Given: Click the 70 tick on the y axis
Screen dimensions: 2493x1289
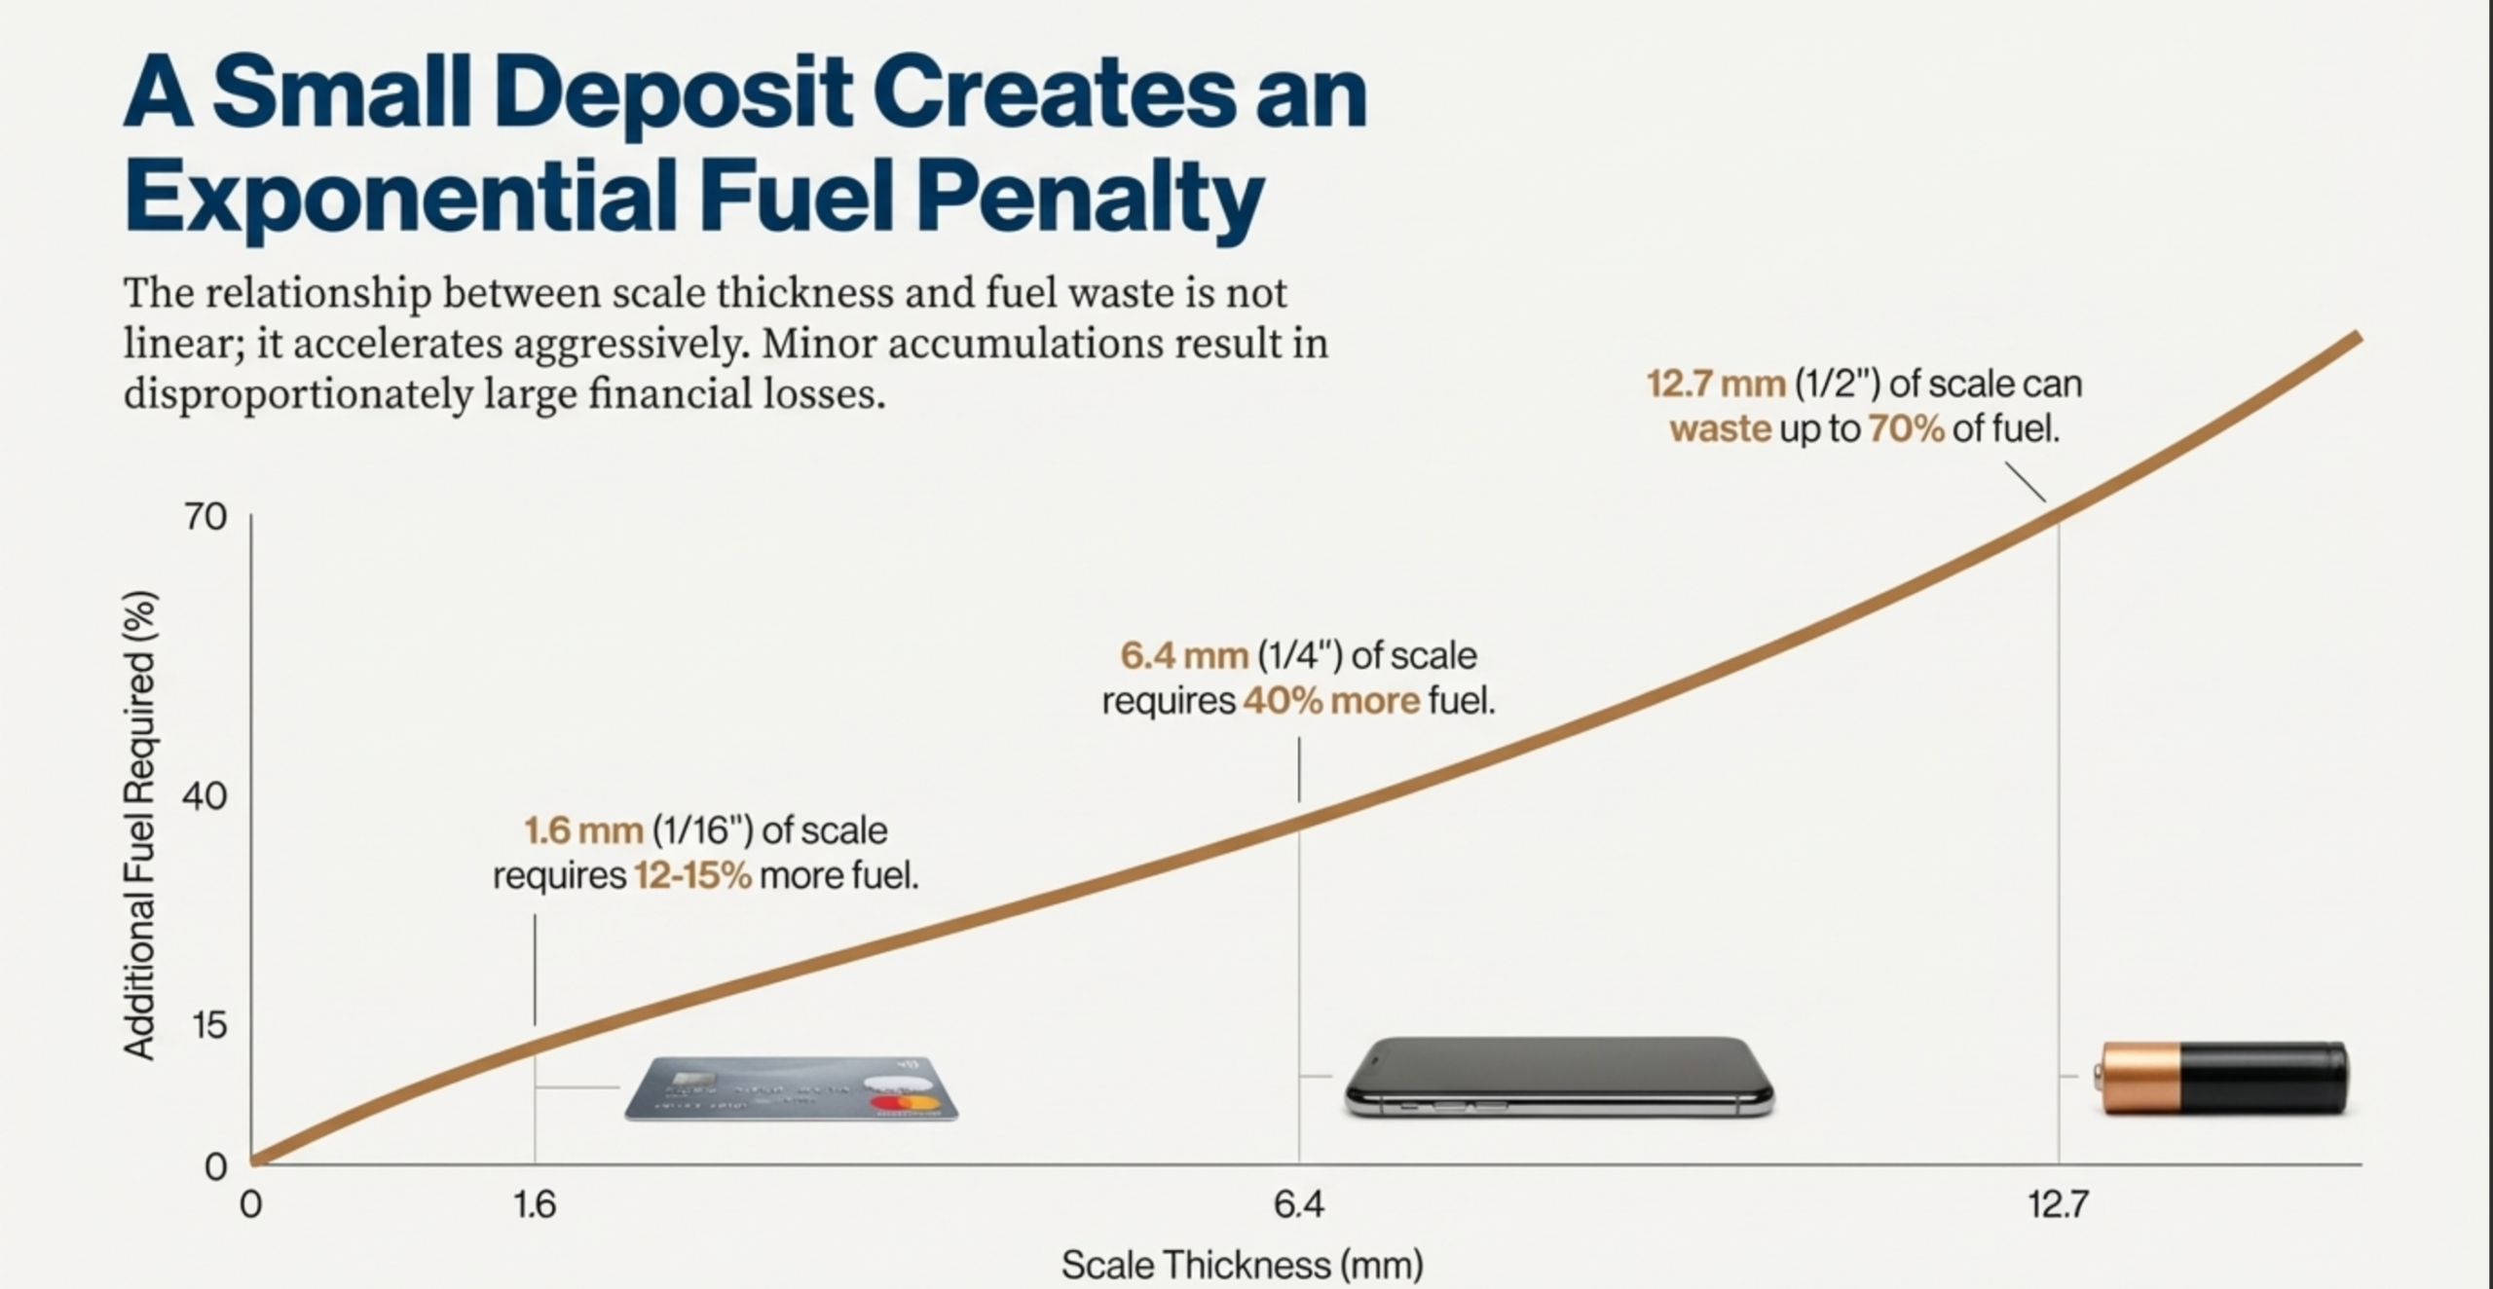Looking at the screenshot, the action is click(205, 517).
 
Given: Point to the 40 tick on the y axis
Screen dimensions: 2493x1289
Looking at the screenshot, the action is click(205, 796).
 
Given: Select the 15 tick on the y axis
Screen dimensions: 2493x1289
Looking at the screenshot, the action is click(208, 1025).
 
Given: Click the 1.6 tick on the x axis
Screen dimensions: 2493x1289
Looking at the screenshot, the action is click(535, 1206).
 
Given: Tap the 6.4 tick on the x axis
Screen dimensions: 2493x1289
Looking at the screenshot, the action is click(1299, 1206).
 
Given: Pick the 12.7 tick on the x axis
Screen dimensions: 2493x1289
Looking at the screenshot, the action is click(2059, 1206).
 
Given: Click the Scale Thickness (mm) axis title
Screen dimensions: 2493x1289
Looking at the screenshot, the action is click(1242, 1266).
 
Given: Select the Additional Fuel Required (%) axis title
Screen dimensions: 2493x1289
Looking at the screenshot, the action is click(139, 825).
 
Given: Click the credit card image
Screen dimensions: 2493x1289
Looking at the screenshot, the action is click(791, 1088).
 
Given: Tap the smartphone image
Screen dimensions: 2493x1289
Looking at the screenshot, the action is click(1558, 1077).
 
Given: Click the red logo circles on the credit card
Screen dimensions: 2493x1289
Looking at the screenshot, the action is click(905, 1104).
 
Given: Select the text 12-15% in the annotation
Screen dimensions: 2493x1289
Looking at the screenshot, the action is click(692, 876).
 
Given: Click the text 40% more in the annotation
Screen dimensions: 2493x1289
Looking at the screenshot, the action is click(1331, 701).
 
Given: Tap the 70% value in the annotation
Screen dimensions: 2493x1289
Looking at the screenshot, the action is click(1906, 428).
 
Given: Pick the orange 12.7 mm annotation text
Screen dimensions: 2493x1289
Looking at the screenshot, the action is click(1716, 385).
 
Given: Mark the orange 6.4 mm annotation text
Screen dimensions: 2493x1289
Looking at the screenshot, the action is click(1184, 656).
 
